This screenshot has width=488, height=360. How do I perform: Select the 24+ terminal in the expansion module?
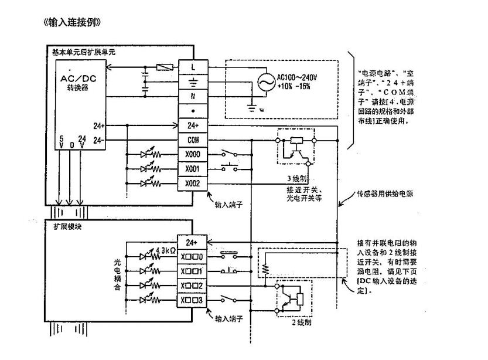coord(192,242)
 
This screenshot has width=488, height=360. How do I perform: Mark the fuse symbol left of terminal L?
coord(162,67)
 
